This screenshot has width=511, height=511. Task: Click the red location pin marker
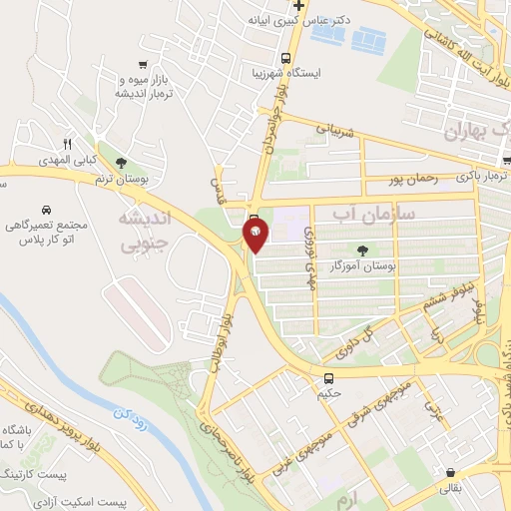tap(255, 236)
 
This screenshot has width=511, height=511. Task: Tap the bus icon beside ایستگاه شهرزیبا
tap(286, 57)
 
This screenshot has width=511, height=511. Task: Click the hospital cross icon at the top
tap(297, 6)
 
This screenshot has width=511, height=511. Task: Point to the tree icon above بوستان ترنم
tap(121, 162)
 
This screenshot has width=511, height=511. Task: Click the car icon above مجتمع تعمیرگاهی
tap(47, 210)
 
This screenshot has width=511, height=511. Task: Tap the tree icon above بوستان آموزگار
tap(362, 253)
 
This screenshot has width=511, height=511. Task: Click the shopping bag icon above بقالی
tap(452, 473)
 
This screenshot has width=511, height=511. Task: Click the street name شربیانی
tap(335, 128)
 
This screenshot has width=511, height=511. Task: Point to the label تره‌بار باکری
tap(480, 176)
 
